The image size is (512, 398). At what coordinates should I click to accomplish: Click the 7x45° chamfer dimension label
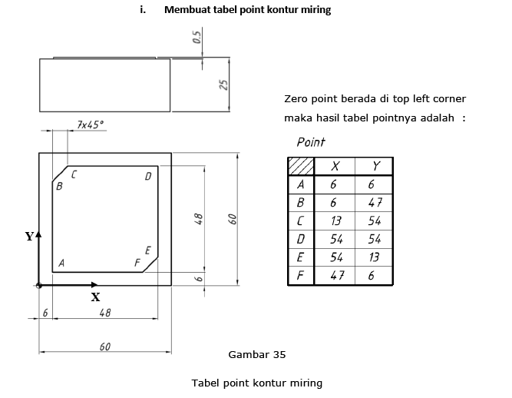pyautogui.click(x=91, y=124)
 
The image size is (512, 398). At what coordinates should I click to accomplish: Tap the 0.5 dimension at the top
pyautogui.click(x=197, y=37)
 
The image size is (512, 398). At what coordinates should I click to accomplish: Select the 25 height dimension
pyautogui.click(x=223, y=85)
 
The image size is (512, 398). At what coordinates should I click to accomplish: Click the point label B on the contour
pyautogui.click(x=59, y=186)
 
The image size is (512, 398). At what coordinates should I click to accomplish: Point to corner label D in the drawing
pyautogui.click(x=148, y=177)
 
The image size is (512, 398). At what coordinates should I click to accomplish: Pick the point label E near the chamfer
pyautogui.click(x=147, y=250)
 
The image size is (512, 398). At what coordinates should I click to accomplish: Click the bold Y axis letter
pyautogui.click(x=29, y=236)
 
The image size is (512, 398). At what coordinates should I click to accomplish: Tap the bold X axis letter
pyautogui.click(x=95, y=297)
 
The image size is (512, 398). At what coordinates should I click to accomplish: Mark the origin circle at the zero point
pyautogui.click(x=39, y=286)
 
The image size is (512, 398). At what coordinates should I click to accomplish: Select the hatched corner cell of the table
pyautogui.click(x=301, y=166)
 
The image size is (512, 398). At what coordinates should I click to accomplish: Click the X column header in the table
pyautogui.click(x=335, y=166)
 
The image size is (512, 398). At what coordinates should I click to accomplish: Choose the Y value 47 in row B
pyautogui.click(x=375, y=203)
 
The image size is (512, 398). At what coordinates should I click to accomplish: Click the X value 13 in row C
pyautogui.click(x=335, y=221)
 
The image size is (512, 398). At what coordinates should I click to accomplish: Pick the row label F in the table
pyautogui.click(x=300, y=276)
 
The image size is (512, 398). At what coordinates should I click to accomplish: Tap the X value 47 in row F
pyautogui.click(x=337, y=276)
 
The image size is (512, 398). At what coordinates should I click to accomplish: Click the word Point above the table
pyautogui.click(x=311, y=142)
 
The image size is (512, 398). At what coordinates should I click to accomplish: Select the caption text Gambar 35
pyautogui.click(x=257, y=354)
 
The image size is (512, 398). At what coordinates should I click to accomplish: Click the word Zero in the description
pyautogui.click(x=296, y=98)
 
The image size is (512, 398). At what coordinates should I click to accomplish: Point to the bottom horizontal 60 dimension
pyautogui.click(x=105, y=347)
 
